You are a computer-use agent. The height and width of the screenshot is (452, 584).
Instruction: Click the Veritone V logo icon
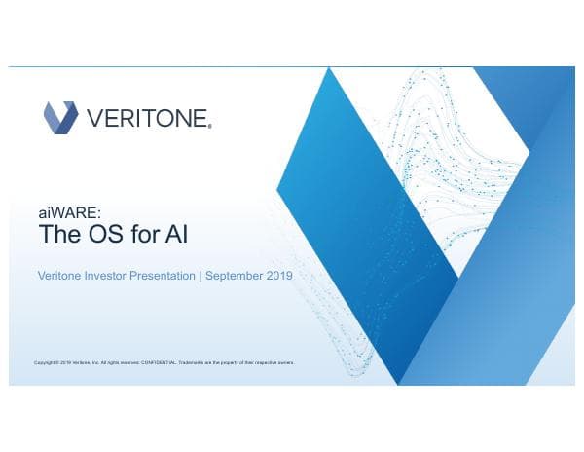[x=60, y=118]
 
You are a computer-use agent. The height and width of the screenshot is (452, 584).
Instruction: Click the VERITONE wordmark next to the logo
[x=147, y=119]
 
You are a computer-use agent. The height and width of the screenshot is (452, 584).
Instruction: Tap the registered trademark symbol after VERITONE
[x=210, y=126]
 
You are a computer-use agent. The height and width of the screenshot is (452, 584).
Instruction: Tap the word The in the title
[x=61, y=235]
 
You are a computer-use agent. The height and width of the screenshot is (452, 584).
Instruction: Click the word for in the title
[x=149, y=235]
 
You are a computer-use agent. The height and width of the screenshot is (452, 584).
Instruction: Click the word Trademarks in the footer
[x=193, y=362]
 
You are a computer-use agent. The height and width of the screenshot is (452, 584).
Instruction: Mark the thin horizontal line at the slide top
[x=292, y=67]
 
